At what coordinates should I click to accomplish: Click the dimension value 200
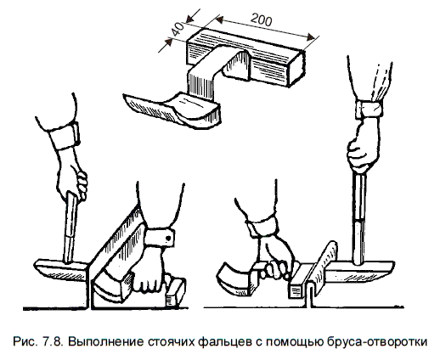pyautogui.click(x=262, y=20)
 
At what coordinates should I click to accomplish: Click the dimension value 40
pyautogui.click(x=178, y=30)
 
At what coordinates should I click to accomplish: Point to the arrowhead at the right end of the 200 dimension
pyautogui.click(x=310, y=37)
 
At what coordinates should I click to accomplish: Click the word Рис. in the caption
pyautogui.click(x=25, y=341)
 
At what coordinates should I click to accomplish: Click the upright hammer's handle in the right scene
pyautogui.click(x=359, y=218)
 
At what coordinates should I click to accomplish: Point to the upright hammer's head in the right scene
pyautogui.click(x=358, y=272)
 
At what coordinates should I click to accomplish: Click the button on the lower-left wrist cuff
pyautogui.click(x=168, y=239)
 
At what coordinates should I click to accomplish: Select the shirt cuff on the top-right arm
pyautogui.click(x=369, y=109)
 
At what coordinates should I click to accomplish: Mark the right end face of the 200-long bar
pyautogui.click(x=296, y=70)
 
